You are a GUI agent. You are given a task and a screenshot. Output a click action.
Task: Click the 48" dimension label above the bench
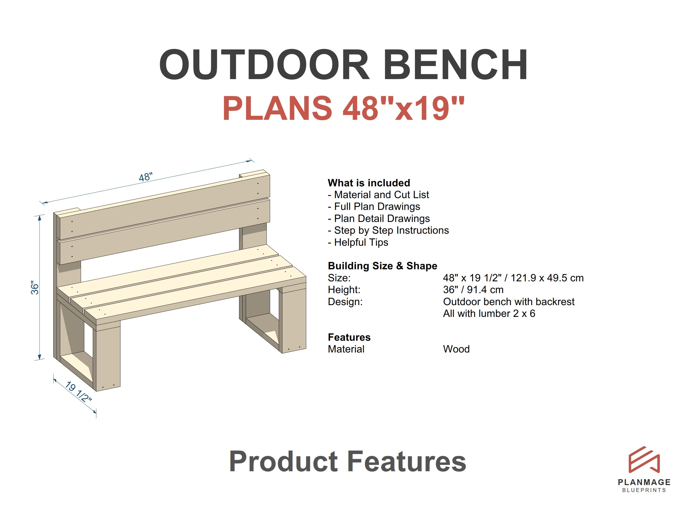145,177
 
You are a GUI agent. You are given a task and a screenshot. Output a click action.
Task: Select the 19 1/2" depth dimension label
79,392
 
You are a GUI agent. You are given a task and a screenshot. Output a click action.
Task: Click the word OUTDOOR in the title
264,65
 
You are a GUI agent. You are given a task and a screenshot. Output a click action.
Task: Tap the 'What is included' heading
369,183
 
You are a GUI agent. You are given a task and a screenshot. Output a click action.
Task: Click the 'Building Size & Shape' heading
382,266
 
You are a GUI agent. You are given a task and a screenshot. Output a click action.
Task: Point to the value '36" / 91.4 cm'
473,290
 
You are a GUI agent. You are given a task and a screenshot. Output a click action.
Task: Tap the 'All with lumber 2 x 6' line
489,313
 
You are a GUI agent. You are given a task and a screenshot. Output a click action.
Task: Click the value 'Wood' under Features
456,349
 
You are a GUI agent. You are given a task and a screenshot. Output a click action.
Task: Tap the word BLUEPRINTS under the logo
644,490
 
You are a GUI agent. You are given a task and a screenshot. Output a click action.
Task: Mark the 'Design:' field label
345,302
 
